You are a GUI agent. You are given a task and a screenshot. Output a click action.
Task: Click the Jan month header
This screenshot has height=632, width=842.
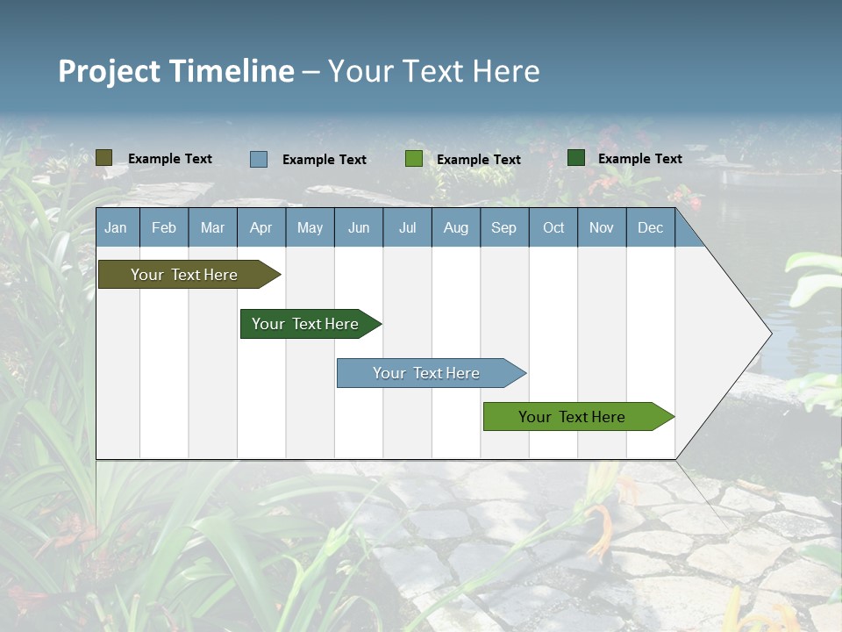[116, 227]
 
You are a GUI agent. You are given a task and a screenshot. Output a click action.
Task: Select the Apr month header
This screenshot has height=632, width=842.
[260, 227]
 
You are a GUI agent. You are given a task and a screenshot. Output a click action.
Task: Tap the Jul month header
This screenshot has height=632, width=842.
[407, 227]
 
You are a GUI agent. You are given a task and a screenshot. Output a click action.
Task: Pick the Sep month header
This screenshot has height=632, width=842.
[503, 227]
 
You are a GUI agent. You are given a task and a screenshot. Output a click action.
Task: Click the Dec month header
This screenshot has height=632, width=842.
[650, 227]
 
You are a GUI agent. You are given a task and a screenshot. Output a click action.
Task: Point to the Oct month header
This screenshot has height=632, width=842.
[553, 227]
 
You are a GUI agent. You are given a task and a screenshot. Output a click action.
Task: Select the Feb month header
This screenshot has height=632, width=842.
[164, 227]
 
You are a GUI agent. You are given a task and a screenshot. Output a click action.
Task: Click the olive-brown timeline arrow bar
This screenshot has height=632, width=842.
[184, 275]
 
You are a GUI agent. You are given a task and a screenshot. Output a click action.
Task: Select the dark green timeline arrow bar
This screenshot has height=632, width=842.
[305, 324]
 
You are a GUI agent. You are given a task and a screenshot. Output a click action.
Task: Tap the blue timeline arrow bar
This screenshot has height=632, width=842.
[426, 373]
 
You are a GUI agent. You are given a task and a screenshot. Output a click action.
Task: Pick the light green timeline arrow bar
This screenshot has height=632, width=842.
[572, 417]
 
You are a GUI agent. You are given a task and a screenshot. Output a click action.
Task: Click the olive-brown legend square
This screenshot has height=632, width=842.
[103, 158]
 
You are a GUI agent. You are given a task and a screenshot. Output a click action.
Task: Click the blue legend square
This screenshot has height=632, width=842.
[258, 159]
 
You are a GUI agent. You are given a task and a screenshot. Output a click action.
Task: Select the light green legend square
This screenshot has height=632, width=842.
[413, 159]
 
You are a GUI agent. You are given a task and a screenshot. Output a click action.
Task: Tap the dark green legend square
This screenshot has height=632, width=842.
[575, 158]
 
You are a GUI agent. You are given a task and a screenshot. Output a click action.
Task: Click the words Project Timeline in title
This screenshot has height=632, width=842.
[175, 71]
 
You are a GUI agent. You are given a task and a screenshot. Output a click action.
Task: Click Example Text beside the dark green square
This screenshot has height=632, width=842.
[639, 158]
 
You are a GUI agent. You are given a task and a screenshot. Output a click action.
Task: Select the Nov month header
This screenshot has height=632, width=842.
[602, 227]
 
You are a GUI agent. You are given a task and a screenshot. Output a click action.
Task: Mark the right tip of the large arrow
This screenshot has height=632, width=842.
[770, 334]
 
